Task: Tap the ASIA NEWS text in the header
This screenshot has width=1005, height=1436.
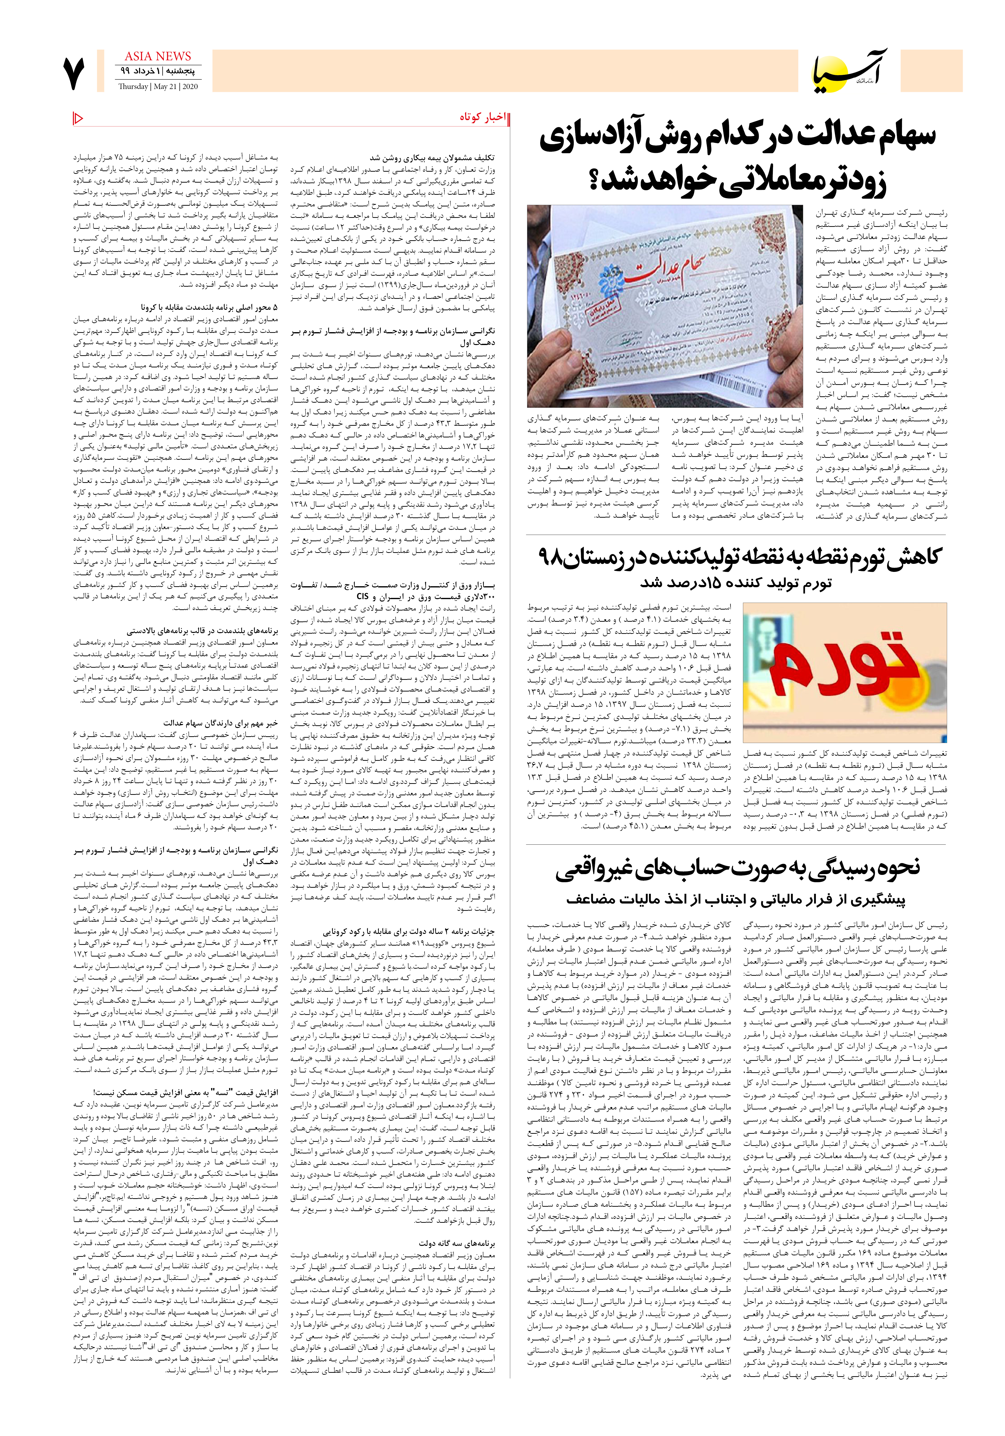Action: tap(158, 56)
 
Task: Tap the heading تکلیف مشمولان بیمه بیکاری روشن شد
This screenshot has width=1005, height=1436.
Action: tap(432, 158)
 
